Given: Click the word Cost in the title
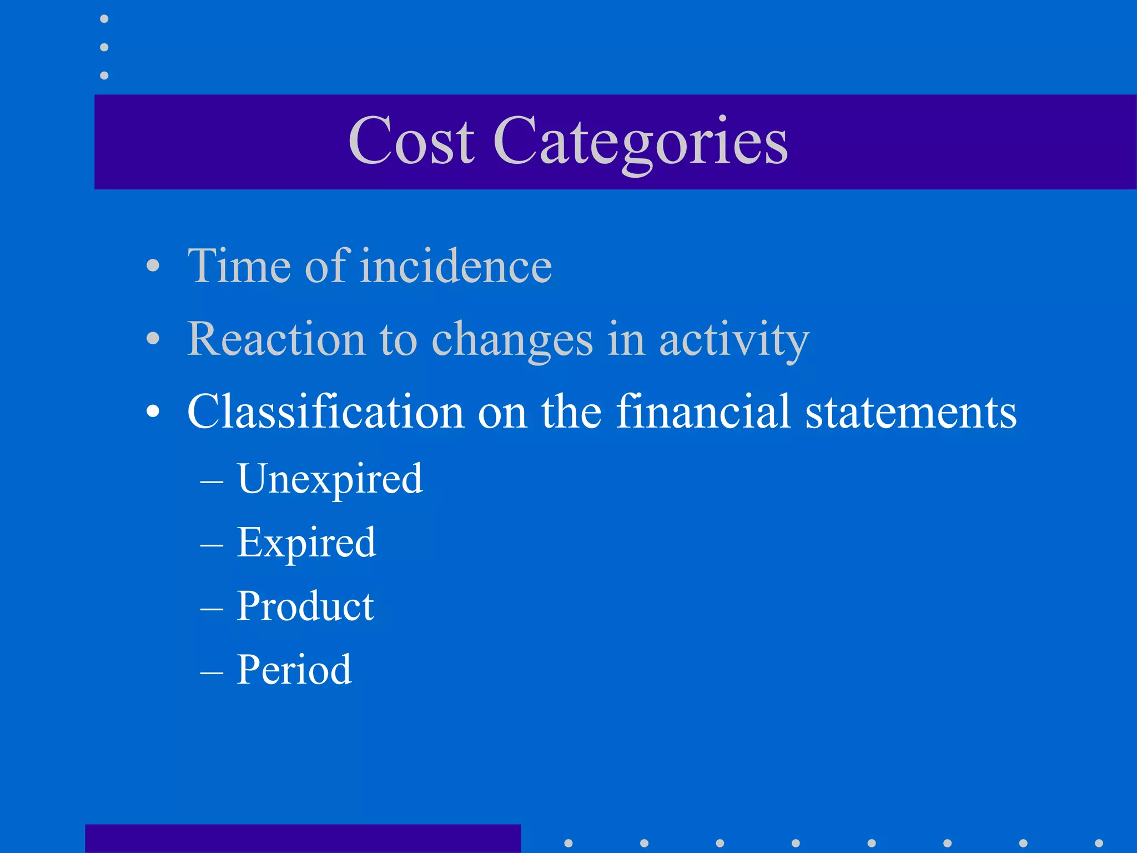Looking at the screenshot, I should coord(411,141).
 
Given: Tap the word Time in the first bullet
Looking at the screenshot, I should coord(239,266).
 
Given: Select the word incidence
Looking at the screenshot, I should coord(456,266).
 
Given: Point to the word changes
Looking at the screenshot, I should coord(512,340).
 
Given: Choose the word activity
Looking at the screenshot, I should coord(734,340).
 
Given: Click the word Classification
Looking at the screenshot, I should coord(325,412).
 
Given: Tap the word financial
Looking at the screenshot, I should coord(703,412).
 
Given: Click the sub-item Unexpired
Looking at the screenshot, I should coord(330,479).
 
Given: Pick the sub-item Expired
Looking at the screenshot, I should coord(306,543).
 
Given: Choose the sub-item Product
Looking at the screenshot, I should coord(305,606).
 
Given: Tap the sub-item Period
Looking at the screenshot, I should coord(294,670).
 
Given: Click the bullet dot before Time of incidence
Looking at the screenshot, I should coord(153,266).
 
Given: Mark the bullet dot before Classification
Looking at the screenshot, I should coord(153,412).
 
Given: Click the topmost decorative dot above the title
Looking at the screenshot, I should coord(104,19).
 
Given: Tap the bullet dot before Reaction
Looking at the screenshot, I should coord(153,338).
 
